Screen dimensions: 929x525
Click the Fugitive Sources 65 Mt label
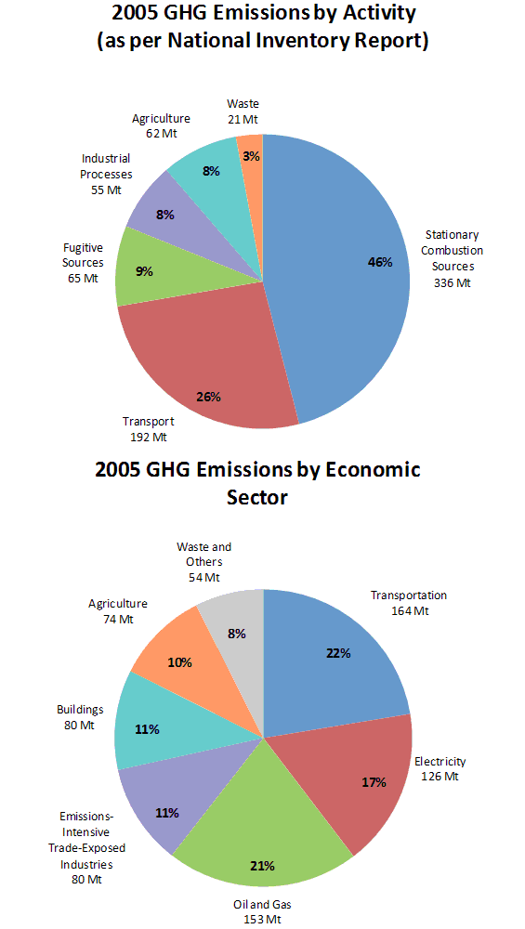[x=83, y=263]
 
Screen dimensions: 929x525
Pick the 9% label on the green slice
[x=143, y=271]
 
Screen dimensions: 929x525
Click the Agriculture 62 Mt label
[x=161, y=125]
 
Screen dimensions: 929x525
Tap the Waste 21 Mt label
[x=243, y=111]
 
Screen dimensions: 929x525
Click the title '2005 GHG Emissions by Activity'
[x=263, y=14]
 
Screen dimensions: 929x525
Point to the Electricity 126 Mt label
[x=440, y=768]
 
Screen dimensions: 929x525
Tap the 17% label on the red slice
[x=374, y=782]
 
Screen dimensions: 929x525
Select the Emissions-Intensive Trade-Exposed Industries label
[x=86, y=847]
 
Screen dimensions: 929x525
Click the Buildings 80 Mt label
[x=80, y=716]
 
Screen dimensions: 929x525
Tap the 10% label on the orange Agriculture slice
[x=179, y=662]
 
